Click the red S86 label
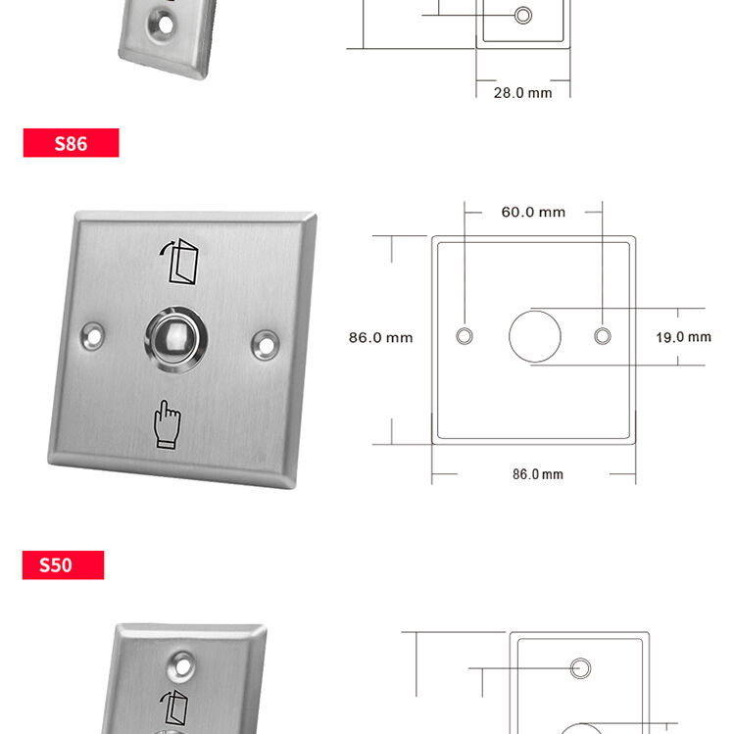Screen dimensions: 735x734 (71, 143)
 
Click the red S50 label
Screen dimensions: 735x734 (64, 564)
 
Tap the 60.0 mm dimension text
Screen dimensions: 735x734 (533, 213)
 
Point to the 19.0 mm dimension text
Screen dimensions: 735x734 (683, 337)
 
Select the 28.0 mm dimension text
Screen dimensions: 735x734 (522, 93)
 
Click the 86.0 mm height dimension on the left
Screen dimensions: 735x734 (380, 337)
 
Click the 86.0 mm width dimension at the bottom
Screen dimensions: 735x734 (538, 474)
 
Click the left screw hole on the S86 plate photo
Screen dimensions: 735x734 (92, 336)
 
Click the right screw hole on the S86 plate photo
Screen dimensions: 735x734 (266, 345)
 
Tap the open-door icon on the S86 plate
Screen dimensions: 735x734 (179, 261)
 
